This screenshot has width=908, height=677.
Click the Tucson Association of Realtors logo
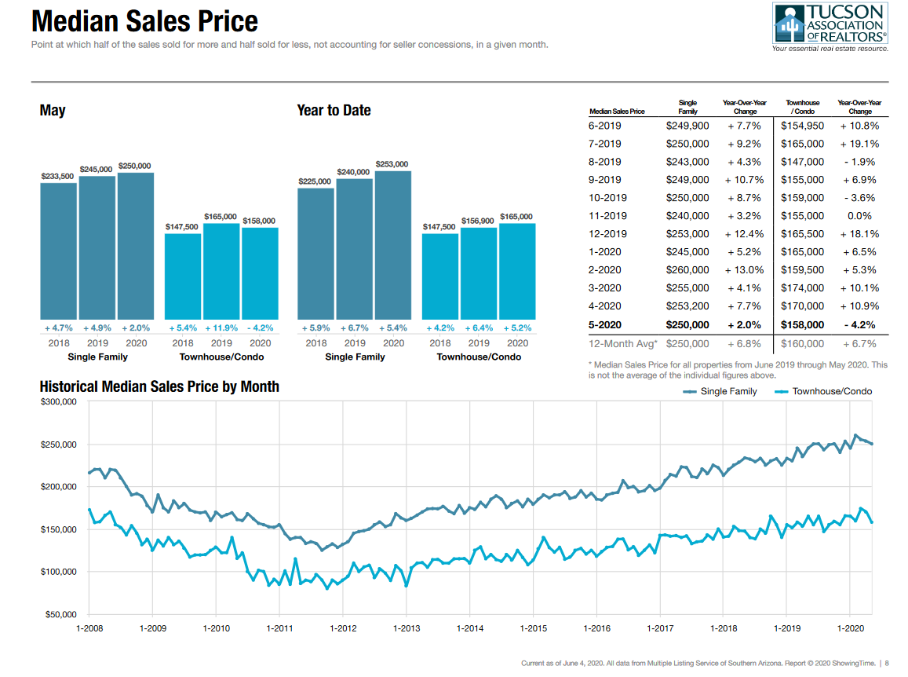tap(830, 27)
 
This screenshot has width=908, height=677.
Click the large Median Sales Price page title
tap(144, 21)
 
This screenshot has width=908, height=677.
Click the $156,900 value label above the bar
tap(478, 221)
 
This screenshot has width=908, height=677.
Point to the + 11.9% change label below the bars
tap(221, 328)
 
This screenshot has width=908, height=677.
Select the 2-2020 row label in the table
tap(604, 270)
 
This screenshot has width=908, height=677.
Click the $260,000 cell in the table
tap(687, 270)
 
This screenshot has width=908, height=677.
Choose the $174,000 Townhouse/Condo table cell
tap(802, 288)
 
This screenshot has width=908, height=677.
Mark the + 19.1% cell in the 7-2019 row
tap(859, 144)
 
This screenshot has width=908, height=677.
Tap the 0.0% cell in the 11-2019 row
tap(859, 216)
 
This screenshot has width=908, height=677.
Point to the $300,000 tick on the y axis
tap(59, 402)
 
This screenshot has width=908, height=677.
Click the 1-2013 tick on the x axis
tap(407, 628)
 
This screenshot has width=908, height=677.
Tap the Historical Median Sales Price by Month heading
tap(159, 386)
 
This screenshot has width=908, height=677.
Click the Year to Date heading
tap(334, 111)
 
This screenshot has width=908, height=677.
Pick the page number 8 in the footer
tap(886, 664)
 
